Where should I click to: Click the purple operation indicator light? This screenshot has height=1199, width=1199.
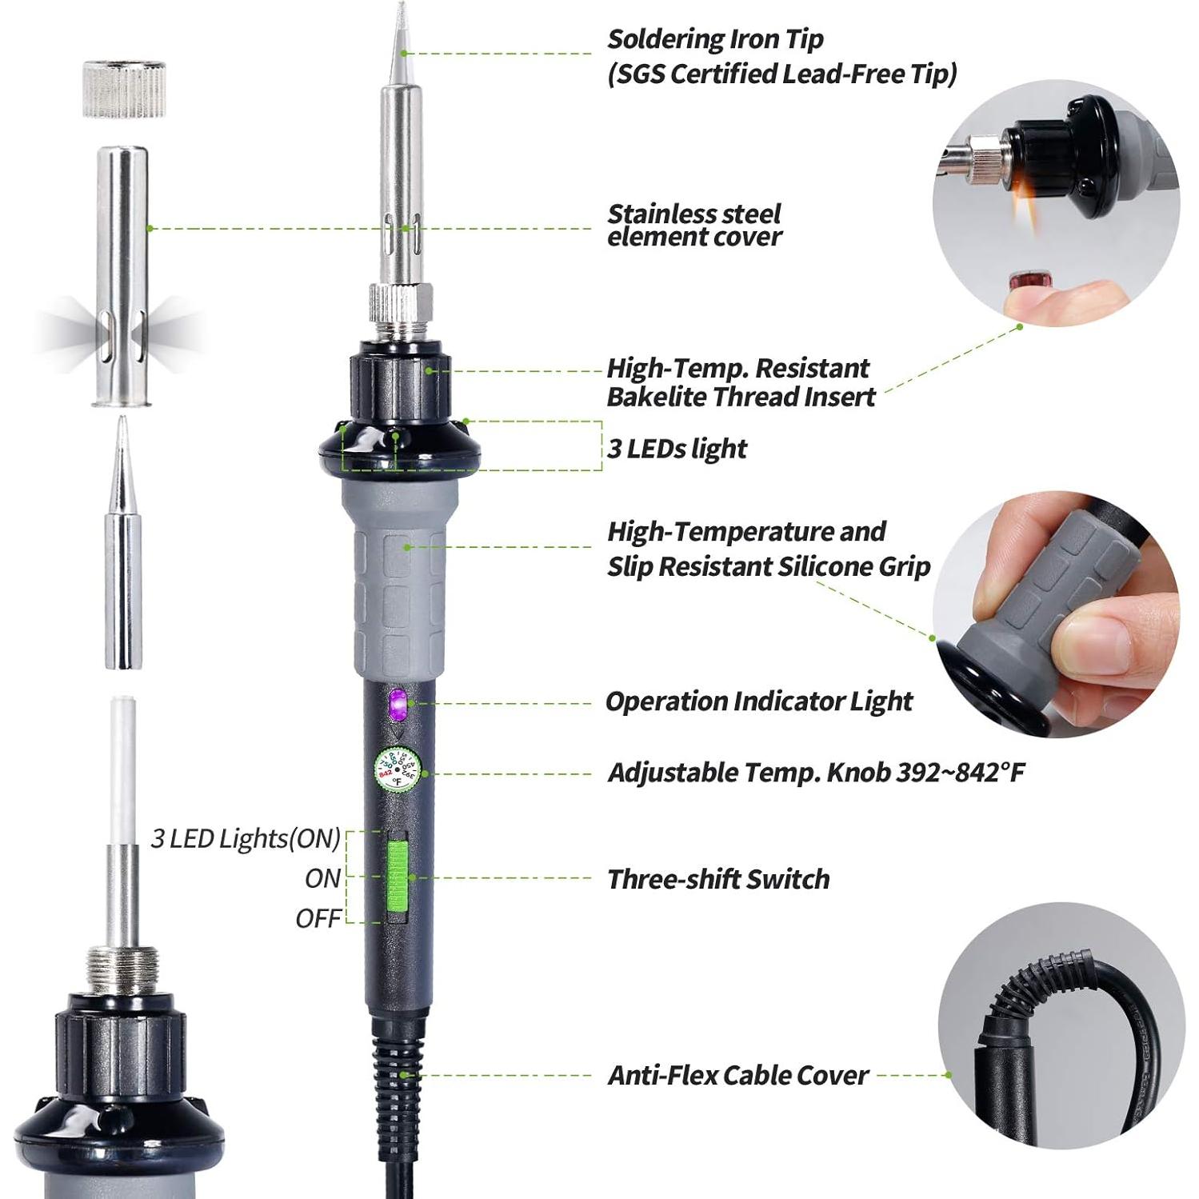click(398, 704)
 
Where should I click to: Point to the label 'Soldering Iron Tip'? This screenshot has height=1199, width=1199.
click(715, 38)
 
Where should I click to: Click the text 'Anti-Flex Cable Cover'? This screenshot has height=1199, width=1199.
click(737, 1075)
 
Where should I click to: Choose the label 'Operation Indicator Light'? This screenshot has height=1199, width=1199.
click(758, 701)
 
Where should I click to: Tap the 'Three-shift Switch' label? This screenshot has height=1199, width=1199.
click(718, 879)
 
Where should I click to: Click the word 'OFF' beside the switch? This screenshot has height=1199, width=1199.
click(318, 918)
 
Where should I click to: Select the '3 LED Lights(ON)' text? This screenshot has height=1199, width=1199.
click(246, 838)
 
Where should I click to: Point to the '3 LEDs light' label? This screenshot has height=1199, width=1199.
click(677, 449)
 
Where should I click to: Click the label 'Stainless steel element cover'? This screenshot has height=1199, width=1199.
click(694, 225)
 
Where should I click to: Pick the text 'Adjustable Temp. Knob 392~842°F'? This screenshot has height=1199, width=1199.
click(816, 773)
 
